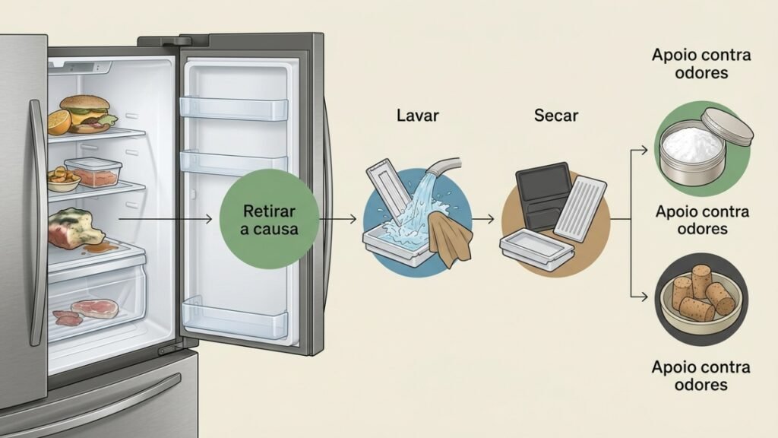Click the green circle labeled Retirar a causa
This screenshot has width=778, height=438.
click(268, 219)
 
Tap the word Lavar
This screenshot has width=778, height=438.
click(418, 116)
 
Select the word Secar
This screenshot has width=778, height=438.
click(556, 116)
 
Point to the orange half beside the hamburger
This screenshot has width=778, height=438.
click(59, 122)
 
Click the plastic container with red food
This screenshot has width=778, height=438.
click(94, 171)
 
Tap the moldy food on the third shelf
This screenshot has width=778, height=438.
click(74, 228)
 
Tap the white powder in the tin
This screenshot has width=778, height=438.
click(691, 144)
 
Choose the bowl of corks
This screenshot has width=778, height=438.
click(701, 300)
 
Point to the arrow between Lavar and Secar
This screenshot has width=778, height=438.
click(482, 218)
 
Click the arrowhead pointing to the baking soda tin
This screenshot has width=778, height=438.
click(644, 150)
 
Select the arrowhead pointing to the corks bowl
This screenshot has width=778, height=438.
click(644, 297)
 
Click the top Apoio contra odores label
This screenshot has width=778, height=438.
click(701, 64)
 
